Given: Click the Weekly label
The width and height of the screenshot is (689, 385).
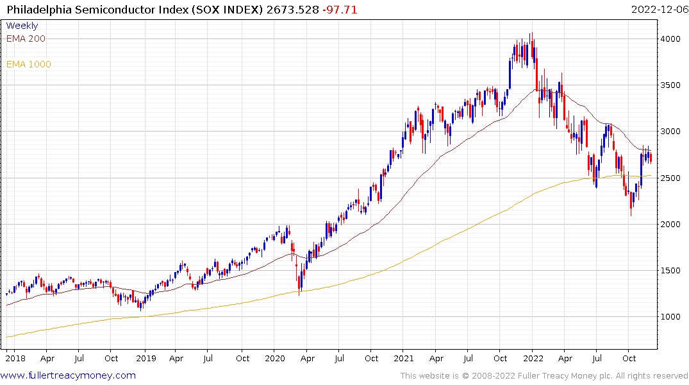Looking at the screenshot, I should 22,26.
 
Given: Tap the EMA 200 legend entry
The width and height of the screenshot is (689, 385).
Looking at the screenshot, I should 26,38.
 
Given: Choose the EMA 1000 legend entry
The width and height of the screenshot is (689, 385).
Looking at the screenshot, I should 28,64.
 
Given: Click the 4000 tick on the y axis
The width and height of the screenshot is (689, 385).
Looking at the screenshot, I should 672,39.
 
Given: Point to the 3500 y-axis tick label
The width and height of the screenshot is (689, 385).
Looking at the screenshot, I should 672,85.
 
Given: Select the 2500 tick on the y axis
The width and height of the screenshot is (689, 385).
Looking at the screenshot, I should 672,178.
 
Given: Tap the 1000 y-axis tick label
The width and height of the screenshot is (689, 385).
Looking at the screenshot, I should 672,316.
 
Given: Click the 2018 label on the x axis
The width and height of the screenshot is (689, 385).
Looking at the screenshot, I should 15,359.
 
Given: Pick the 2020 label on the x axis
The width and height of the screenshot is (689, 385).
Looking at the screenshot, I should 274,359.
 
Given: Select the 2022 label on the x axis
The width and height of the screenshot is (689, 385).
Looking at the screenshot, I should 533,359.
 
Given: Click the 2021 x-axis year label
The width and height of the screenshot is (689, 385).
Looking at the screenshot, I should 404,359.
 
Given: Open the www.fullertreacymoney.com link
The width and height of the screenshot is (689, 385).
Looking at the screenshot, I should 69,375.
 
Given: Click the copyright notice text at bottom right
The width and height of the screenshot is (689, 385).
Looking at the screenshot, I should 544,376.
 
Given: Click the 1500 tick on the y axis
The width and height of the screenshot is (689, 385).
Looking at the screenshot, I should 672,270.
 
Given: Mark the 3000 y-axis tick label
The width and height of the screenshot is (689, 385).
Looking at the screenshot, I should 672,132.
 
